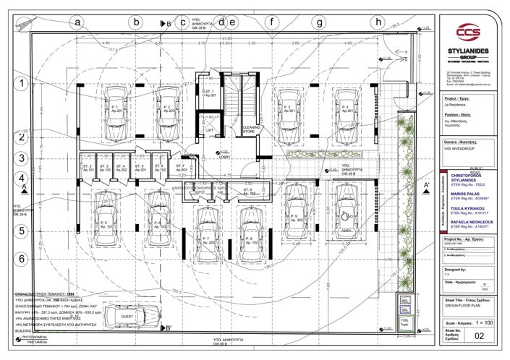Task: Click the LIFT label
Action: [210, 131]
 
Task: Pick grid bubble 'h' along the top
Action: [378, 22]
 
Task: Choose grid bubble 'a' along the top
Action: [78, 22]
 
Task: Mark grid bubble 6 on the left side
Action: [22, 258]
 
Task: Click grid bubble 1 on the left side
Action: [22, 83]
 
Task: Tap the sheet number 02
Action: [478, 335]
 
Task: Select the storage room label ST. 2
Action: [88, 168]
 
